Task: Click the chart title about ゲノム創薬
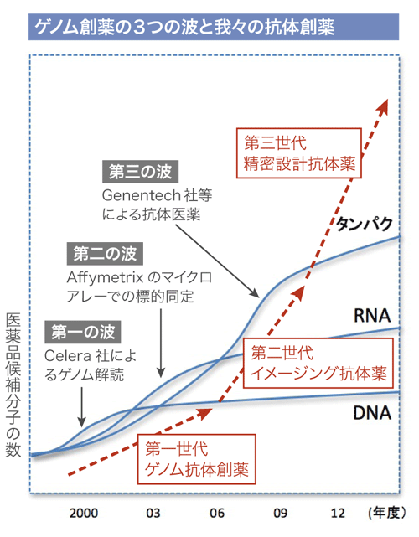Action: [185, 27]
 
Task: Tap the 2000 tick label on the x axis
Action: [84, 513]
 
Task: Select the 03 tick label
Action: [153, 513]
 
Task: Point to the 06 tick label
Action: [217, 513]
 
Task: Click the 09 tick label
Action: [280, 513]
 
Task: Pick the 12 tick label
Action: [338, 513]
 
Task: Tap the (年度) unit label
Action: [387, 513]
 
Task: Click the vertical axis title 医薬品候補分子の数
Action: [13, 385]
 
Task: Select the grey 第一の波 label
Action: [83, 332]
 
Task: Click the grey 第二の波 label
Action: [105, 254]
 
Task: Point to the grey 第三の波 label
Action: [141, 172]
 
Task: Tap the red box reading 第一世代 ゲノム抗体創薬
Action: [197, 459]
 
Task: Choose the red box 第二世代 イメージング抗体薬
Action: [318, 363]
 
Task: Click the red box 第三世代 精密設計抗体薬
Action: [299, 153]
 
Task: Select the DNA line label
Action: [372, 413]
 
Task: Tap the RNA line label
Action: [372, 316]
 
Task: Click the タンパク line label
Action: [364, 225]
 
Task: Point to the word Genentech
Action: [142, 195]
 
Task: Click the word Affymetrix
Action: [105, 277]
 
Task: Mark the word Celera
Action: [68, 356]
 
